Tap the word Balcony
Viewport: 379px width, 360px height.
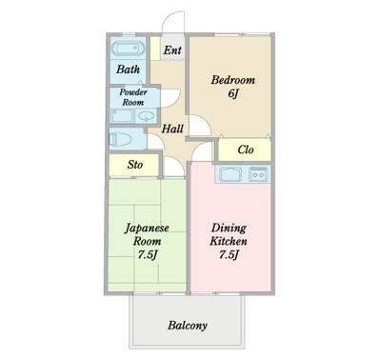coord(188,326)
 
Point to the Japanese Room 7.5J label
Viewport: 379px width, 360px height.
coord(146,241)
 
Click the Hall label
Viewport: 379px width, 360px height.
coord(172,129)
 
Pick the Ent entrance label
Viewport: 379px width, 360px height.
coord(172,50)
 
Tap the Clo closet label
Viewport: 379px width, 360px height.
coord(245,150)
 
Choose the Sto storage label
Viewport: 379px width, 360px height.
coord(135,165)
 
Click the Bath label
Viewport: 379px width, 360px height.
coord(128,70)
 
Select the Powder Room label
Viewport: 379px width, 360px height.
coord(131,97)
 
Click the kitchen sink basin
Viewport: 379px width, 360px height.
coord(231,174)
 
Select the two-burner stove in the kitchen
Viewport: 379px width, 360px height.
coord(257,174)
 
